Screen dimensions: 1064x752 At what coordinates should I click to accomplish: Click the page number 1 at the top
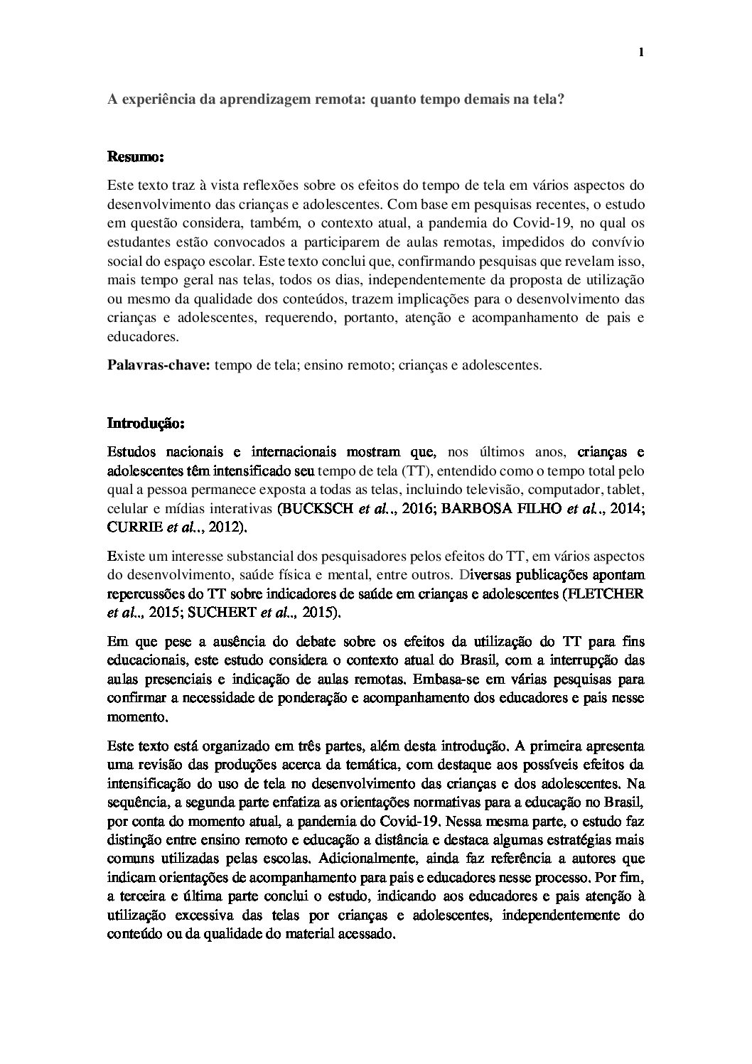641,52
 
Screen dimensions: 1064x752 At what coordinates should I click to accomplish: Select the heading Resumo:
135,155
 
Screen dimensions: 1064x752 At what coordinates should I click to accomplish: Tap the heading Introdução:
146,424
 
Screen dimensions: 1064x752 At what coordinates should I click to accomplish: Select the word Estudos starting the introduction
130,451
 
